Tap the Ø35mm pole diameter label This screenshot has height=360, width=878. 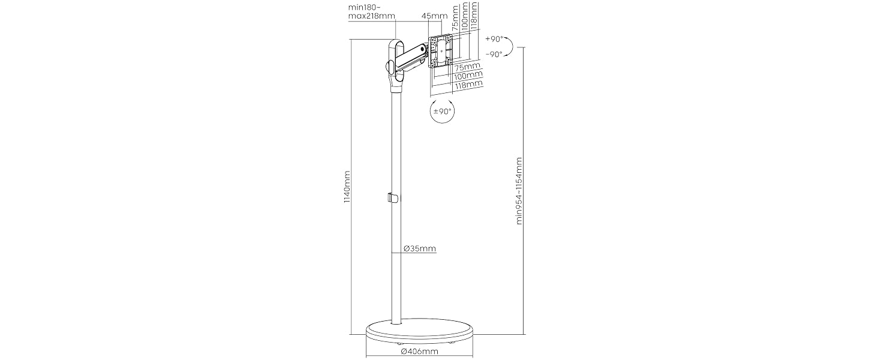tap(419, 248)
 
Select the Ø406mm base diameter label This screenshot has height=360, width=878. tap(419, 352)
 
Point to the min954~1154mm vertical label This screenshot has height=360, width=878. tap(519, 191)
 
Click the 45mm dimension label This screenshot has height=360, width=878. tap(434, 16)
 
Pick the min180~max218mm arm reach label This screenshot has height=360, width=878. tap(372, 12)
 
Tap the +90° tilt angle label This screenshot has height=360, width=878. tap(494, 39)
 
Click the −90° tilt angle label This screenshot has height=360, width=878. tap(494, 54)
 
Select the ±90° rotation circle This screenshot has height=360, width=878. tap(443, 112)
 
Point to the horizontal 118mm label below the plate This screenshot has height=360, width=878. tap(469, 84)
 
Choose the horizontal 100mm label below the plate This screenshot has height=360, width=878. tap(468, 75)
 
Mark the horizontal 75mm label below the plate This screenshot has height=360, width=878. tap(467, 66)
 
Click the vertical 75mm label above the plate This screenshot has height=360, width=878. tap(455, 17)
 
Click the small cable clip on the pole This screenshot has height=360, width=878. tap(117, 197)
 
